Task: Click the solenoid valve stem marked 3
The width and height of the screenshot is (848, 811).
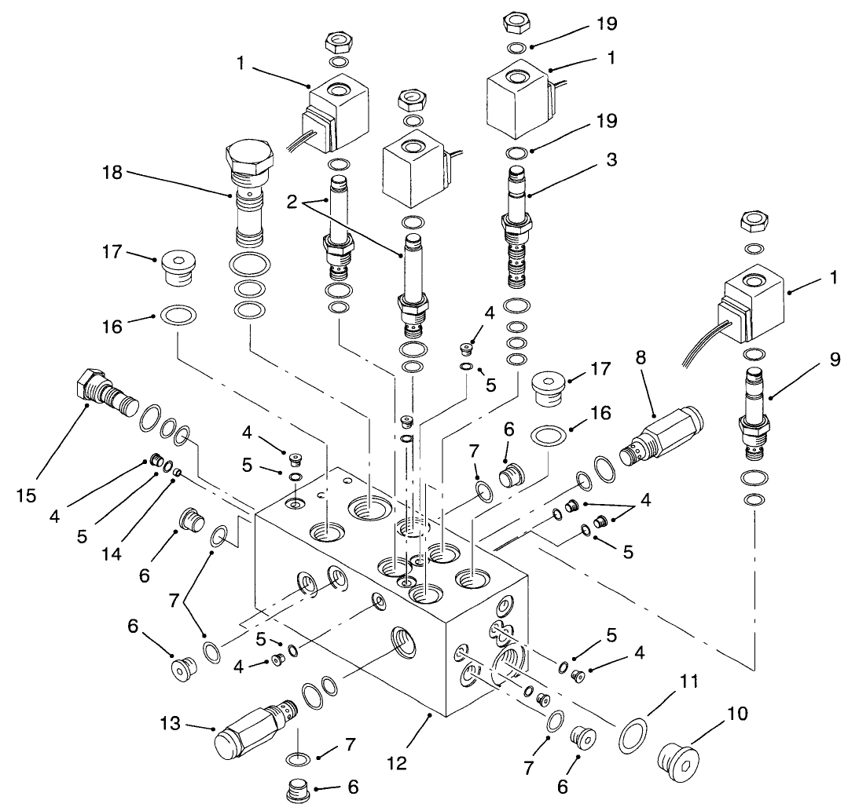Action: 516,228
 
